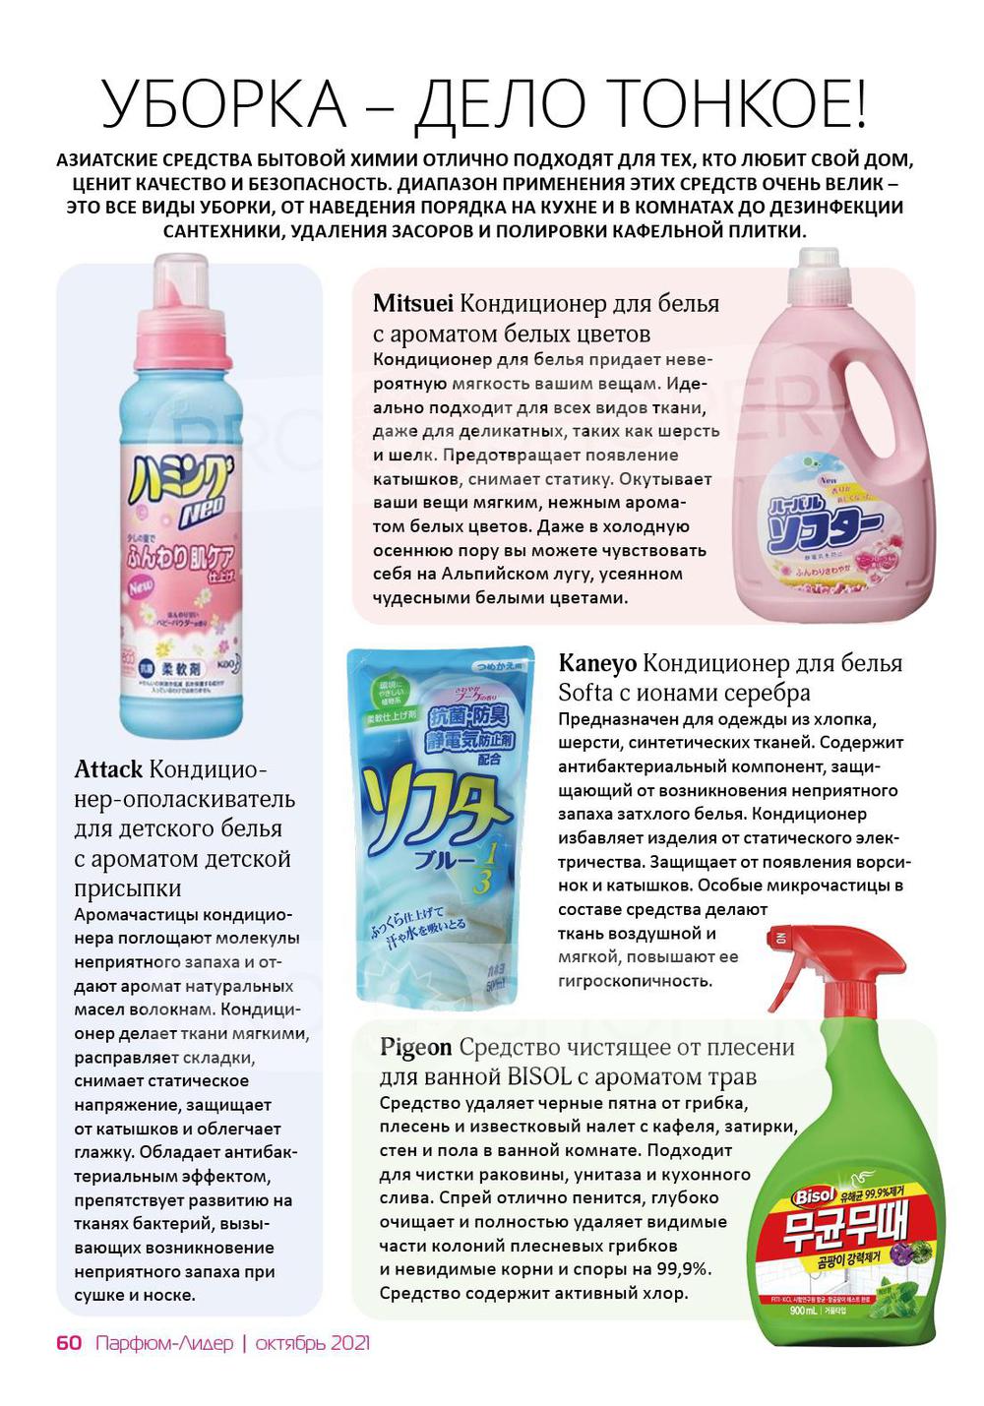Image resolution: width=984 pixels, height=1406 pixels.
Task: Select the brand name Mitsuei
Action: tap(413, 303)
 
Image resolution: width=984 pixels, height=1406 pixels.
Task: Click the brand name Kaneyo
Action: tap(597, 662)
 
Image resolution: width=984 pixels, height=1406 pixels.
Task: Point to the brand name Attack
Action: tap(108, 768)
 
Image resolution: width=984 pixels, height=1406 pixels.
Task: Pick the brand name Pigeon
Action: tap(415, 1047)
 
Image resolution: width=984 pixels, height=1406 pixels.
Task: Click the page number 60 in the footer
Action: tap(69, 1343)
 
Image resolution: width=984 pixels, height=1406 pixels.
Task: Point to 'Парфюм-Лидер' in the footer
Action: tap(164, 1343)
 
